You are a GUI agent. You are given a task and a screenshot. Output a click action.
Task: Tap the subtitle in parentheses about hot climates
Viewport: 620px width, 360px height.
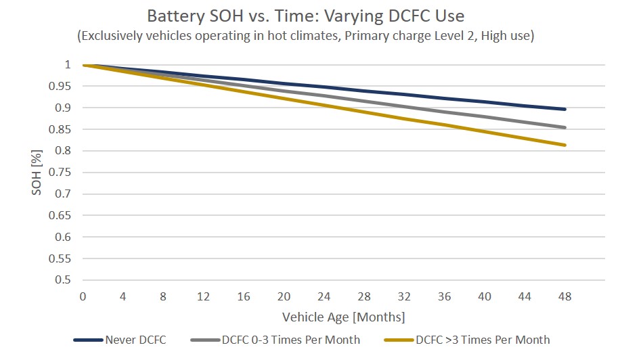tap(306, 36)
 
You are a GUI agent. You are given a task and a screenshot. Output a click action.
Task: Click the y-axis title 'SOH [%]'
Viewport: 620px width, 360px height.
tap(37, 173)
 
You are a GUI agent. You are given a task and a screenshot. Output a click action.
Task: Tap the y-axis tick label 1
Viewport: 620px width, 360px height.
tap(67, 65)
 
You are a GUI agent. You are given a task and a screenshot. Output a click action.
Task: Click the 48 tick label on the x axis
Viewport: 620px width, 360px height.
tap(565, 297)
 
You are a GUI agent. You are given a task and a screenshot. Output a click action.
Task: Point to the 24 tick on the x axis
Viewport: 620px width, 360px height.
tap(324, 297)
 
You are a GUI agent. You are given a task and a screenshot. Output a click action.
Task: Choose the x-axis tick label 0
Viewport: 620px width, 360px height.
tap(83, 297)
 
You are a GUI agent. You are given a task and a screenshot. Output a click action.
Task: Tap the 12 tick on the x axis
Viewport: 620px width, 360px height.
tap(203, 297)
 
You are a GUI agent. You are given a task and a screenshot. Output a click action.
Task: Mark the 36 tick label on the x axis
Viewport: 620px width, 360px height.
tap(445, 297)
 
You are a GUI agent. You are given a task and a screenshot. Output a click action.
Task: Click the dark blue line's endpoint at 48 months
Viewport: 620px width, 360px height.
tap(565, 109)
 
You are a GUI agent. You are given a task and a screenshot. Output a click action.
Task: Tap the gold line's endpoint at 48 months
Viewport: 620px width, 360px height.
tap(565, 145)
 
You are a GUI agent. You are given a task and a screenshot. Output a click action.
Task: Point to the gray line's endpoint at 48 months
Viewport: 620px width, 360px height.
tap(565, 127)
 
